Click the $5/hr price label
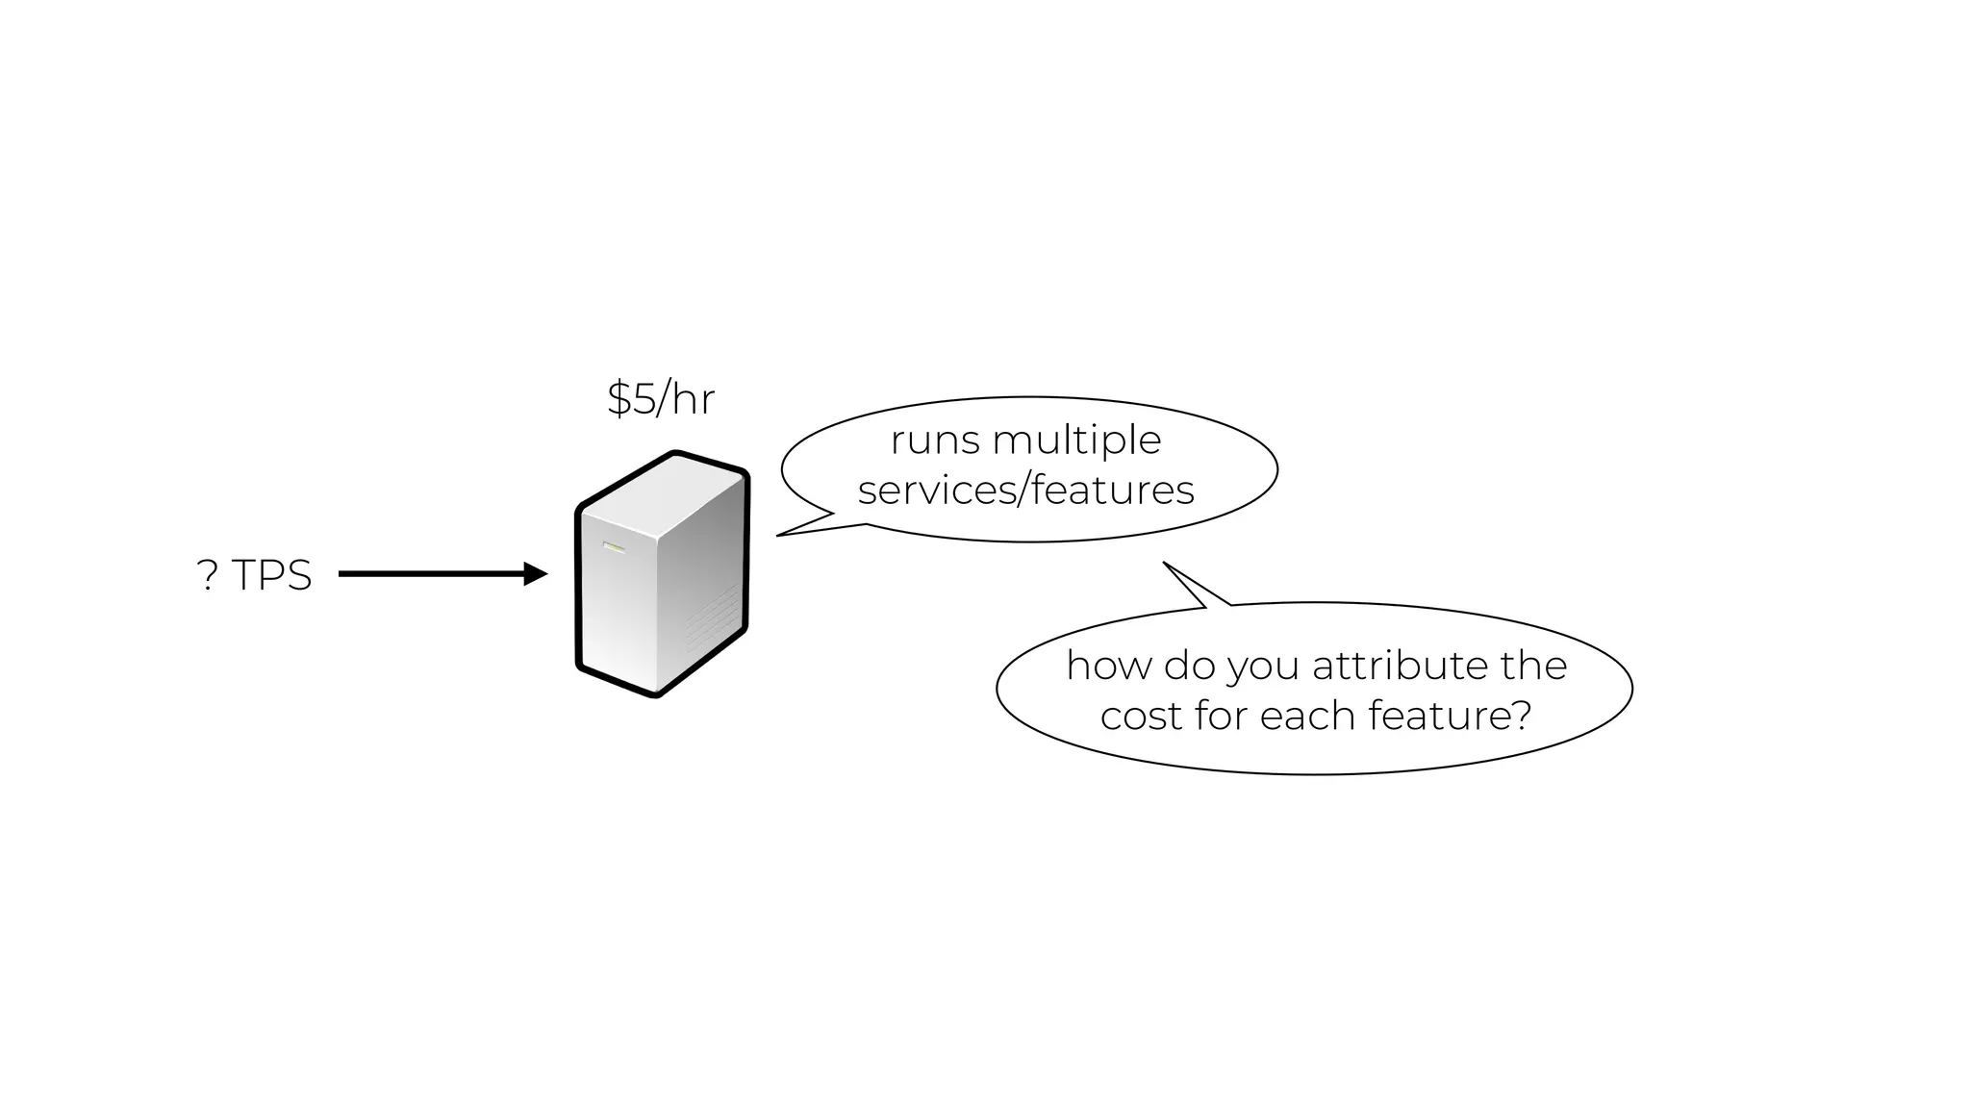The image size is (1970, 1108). click(x=661, y=398)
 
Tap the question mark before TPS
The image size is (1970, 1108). click(x=207, y=575)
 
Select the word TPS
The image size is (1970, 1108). click(x=271, y=575)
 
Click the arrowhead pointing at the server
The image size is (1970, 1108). click(x=535, y=574)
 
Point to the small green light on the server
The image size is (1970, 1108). click(x=614, y=548)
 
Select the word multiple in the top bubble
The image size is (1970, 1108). click(x=1076, y=441)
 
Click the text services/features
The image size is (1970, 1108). click(x=1025, y=491)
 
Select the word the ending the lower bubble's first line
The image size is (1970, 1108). click(x=1533, y=666)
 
